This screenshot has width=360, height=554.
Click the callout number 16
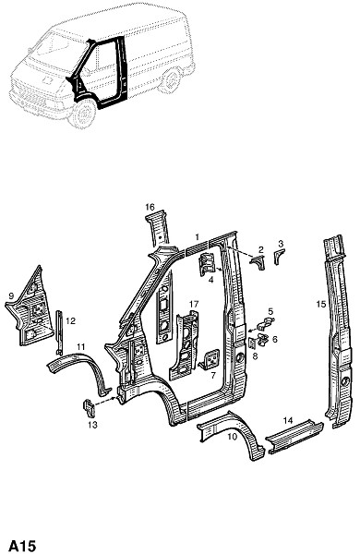pyautogui.click(x=150, y=207)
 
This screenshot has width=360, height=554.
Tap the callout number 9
pyautogui.click(x=11, y=296)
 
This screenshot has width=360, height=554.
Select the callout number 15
pyautogui.click(x=321, y=304)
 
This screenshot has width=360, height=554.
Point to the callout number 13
pyautogui.click(x=92, y=425)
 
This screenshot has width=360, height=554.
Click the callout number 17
pyautogui.click(x=194, y=304)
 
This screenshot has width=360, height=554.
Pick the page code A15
pyautogui.click(x=22, y=546)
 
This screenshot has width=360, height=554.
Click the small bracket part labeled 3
pyautogui.click(x=279, y=257)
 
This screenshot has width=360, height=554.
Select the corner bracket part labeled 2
pyautogui.click(x=258, y=262)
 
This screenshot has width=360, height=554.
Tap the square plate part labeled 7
pyautogui.click(x=210, y=360)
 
